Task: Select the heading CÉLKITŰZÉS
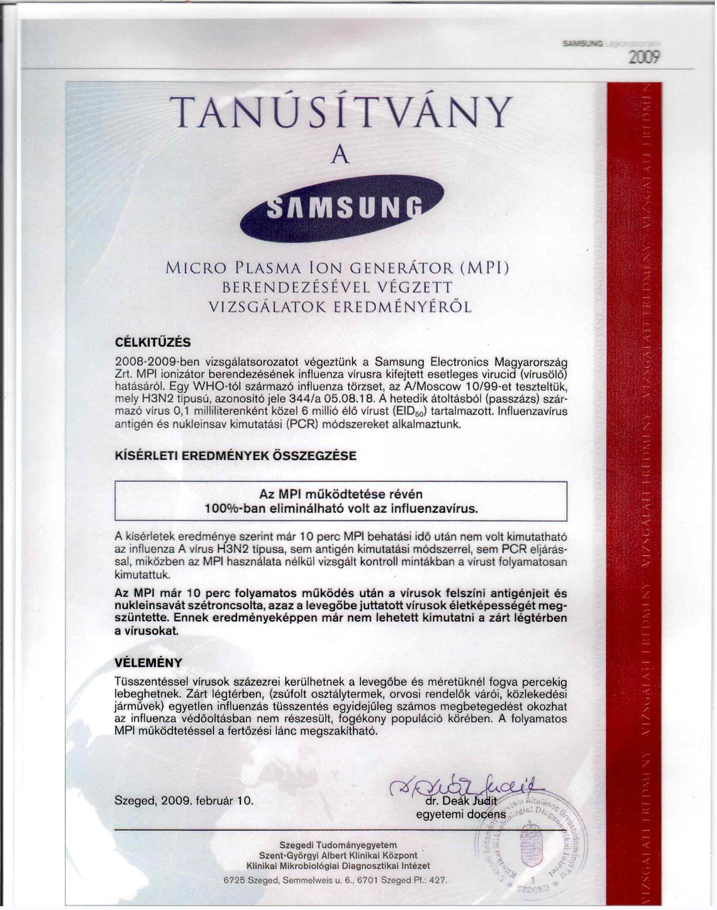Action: tap(153, 342)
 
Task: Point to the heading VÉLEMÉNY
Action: tap(148, 662)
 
